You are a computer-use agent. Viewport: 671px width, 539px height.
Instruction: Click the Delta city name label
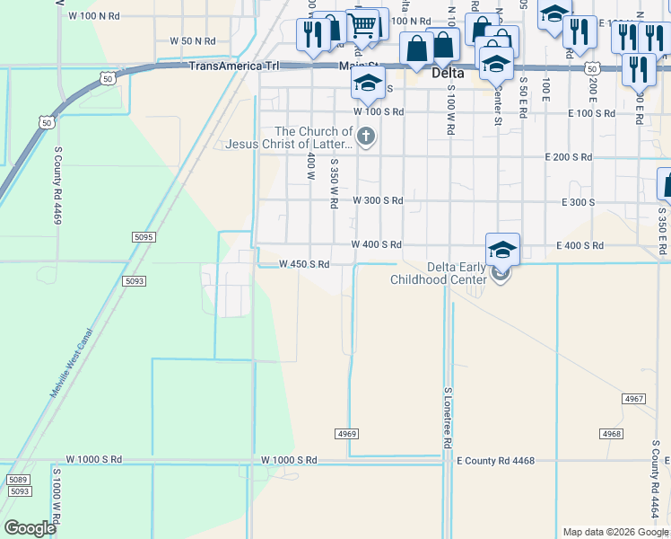(x=447, y=73)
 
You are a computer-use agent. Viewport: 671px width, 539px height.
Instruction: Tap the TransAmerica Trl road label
(x=234, y=66)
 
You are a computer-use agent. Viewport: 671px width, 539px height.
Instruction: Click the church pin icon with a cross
(x=365, y=137)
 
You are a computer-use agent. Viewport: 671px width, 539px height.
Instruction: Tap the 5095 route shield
(x=143, y=236)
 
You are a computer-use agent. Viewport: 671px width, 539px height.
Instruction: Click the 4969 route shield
(x=348, y=434)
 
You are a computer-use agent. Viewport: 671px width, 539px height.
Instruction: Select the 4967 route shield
(x=633, y=398)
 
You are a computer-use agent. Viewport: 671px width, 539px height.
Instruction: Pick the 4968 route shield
(x=612, y=434)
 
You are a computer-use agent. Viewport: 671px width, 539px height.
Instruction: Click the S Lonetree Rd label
(x=447, y=419)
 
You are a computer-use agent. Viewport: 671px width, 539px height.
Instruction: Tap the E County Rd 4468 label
(x=495, y=461)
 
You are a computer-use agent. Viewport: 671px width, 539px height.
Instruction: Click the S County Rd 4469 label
(x=57, y=199)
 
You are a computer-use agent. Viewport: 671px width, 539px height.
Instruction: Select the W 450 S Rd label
(x=304, y=264)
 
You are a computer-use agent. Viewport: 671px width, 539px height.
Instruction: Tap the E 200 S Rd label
(x=568, y=157)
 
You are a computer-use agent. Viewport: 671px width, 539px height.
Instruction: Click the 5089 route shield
(x=18, y=481)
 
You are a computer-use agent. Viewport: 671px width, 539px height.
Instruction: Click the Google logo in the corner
(x=30, y=528)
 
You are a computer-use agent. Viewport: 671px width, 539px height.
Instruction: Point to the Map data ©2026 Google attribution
(x=614, y=532)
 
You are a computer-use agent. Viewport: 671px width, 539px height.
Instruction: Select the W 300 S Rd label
(x=378, y=200)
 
